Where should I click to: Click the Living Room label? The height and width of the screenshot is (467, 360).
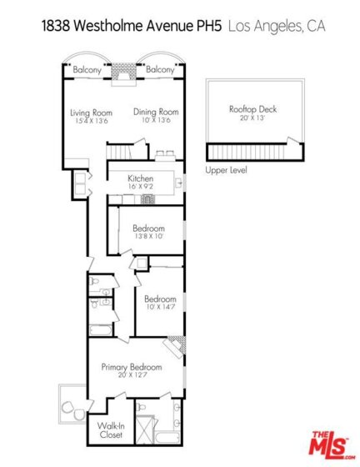click(91, 113)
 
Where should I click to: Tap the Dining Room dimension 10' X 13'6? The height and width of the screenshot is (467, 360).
click(156, 120)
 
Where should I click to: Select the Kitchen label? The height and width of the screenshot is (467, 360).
click(141, 178)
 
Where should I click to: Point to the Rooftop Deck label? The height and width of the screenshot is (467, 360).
click(252, 109)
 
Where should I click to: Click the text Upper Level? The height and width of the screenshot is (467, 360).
click(226, 170)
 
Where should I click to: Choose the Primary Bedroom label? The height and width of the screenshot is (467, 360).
click(132, 367)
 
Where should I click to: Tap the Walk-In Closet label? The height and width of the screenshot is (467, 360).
click(111, 430)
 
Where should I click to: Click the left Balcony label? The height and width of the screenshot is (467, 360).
click(87, 70)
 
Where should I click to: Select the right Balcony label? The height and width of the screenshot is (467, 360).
click(160, 70)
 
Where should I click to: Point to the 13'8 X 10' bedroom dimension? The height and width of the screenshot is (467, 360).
click(148, 237)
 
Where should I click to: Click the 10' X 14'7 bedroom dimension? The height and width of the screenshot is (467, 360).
click(160, 307)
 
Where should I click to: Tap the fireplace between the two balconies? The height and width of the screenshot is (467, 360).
click(124, 74)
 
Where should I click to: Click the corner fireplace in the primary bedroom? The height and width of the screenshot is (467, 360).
click(176, 346)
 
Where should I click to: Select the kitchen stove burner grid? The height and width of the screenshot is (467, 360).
click(147, 199)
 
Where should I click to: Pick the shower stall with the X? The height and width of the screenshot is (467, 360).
click(145, 429)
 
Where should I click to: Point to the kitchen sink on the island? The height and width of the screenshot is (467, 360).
click(178, 183)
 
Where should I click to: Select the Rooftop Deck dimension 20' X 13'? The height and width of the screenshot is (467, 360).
click(252, 118)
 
